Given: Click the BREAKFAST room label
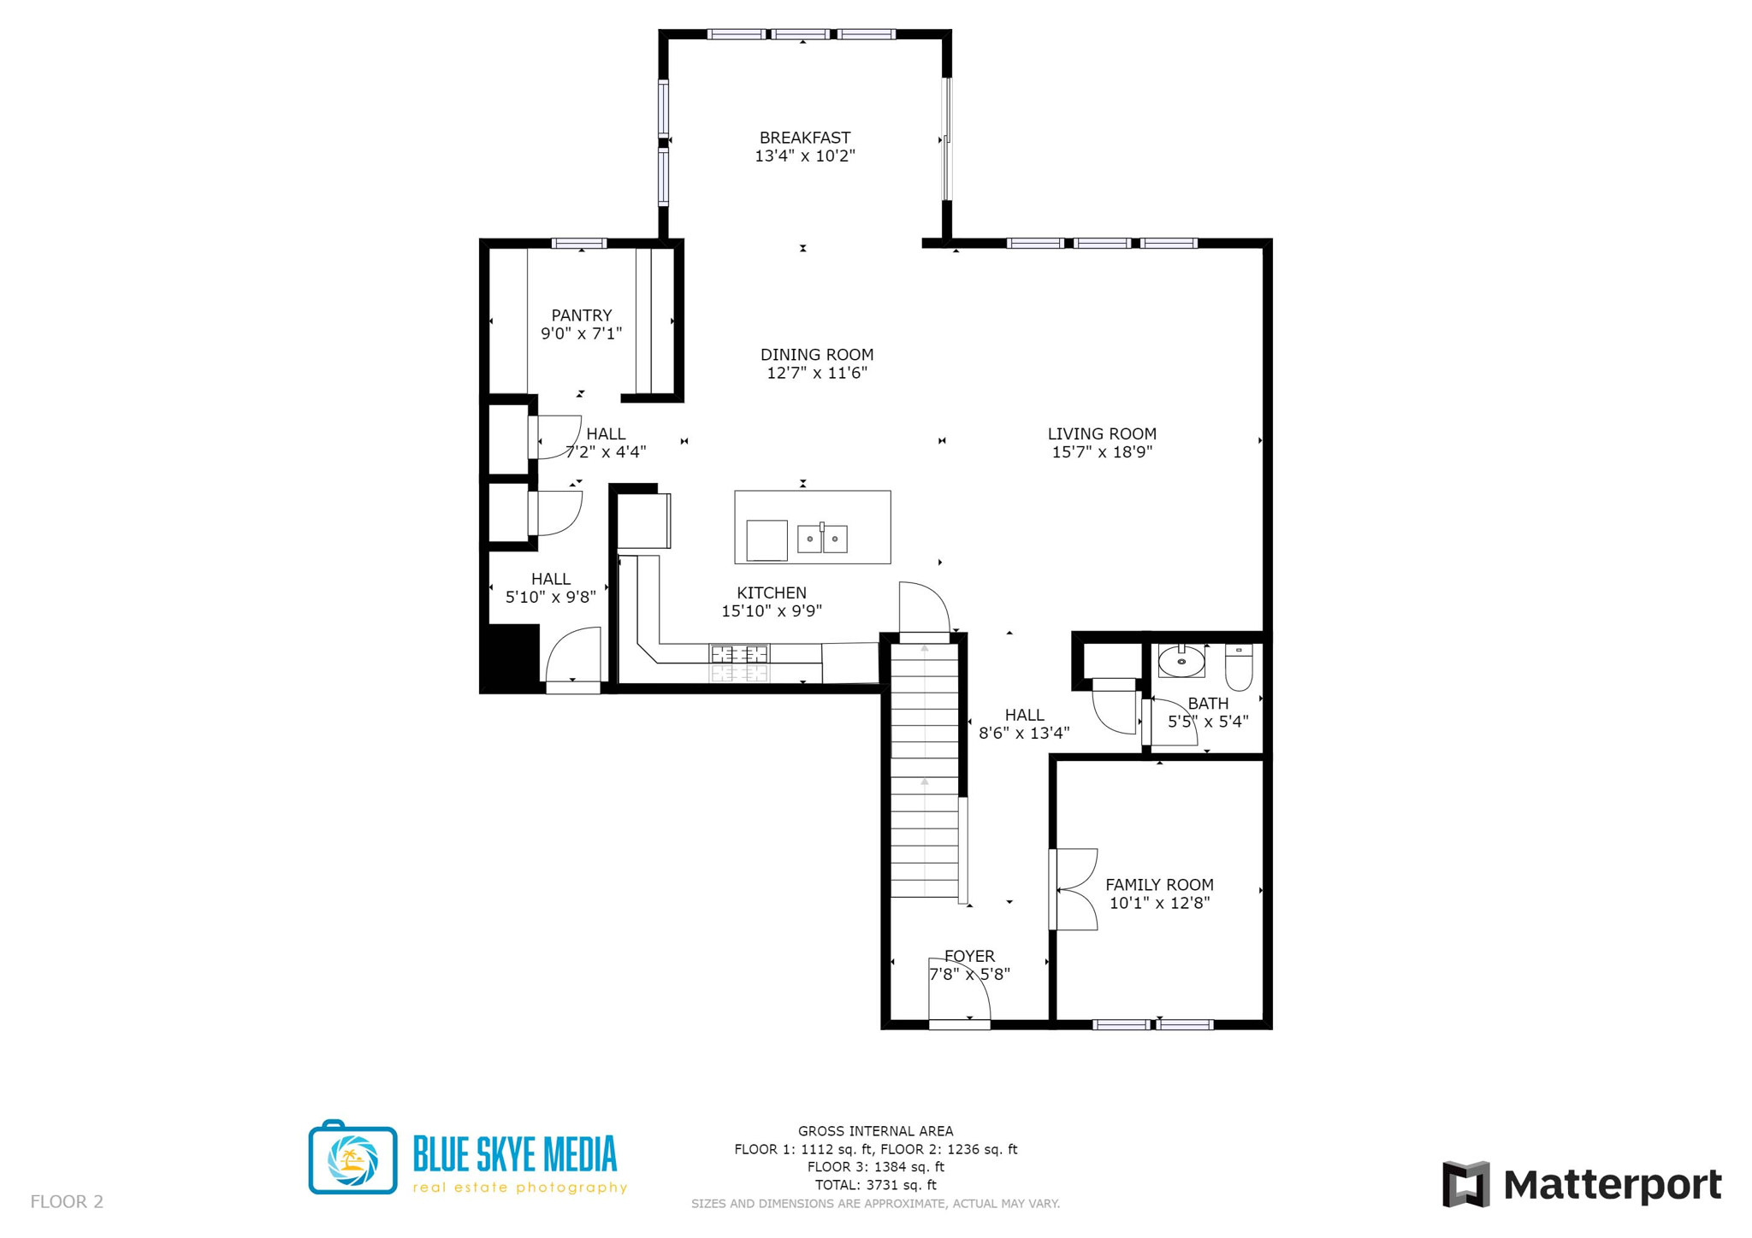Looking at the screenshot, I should (x=804, y=138).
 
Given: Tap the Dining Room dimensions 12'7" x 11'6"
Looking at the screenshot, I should (x=816, y=373).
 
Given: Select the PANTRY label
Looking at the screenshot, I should (x=581, y=315).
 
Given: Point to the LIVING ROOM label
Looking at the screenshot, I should (x=1101, y=433).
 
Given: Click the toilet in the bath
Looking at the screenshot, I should (x=1238, y=667).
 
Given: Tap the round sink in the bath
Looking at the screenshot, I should (x=1181, y=661).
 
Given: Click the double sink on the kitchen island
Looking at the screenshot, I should (x=821, y=539).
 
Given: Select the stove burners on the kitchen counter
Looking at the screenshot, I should (x=739, y=655).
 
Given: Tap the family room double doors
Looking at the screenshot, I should (x=1074, y=889).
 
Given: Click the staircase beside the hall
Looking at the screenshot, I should (x=924, y=769).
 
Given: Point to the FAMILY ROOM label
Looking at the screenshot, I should (x=1158, y=885).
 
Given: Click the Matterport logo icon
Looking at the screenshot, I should (x=1465, y=1184).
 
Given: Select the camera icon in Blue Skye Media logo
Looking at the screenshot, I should (x=352, y=1158).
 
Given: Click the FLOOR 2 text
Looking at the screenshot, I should (x=67, y=1201).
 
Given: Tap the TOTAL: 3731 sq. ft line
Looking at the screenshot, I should (x=875, y=1185).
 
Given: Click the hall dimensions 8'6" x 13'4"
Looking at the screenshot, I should (x=1023, y=733).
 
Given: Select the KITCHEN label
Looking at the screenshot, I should (x=771, y=592).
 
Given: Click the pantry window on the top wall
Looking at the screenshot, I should (x=579, y=244).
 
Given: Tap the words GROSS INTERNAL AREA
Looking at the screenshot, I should (x=875, y=1131).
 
